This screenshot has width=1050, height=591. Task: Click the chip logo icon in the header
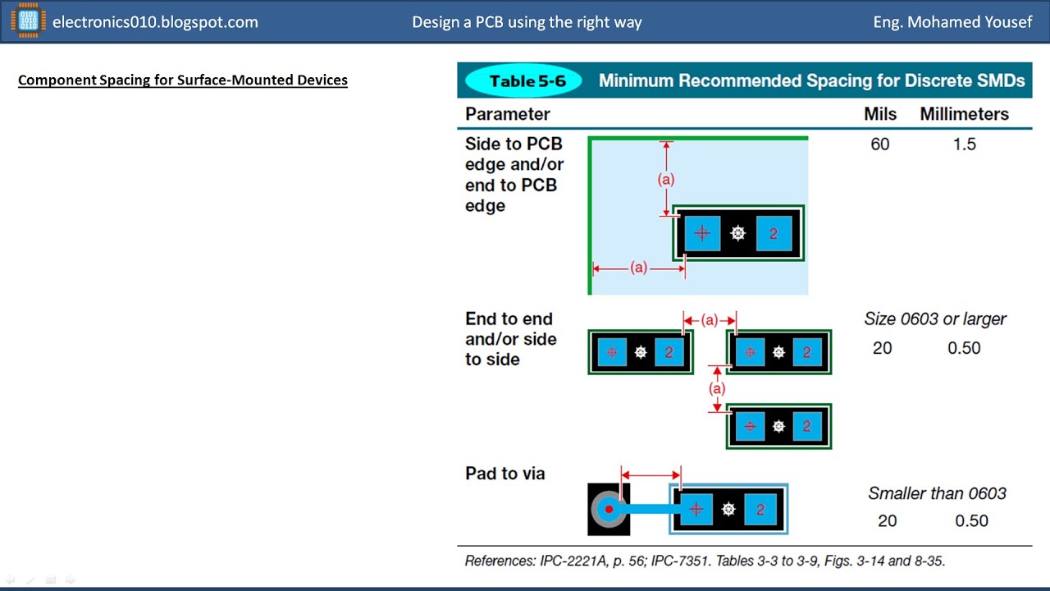click(28, 22)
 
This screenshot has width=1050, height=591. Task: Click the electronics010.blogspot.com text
click(155, 22)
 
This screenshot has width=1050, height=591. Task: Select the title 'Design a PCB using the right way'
click(527, 22)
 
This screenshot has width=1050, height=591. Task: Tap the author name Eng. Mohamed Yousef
click(952, 22)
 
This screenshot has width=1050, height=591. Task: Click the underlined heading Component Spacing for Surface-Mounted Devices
click(183, 80)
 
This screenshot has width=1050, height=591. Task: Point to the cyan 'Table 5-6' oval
click(523, 81)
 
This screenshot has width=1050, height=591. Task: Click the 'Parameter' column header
click(507, 114)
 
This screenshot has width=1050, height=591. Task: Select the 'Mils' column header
click(880, 114)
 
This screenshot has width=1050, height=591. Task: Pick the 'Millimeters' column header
click(964, 114)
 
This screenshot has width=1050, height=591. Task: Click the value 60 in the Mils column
click(880, 144)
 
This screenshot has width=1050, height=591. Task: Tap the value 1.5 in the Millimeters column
click(964, 144)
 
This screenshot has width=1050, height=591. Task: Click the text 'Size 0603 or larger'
click(935, 319)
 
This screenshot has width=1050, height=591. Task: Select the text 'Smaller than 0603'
click(937, 493)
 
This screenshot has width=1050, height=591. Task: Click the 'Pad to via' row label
click(504, 474)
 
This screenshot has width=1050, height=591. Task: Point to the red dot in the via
click(609, 510)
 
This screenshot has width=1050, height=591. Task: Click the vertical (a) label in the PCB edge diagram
click(666, 179)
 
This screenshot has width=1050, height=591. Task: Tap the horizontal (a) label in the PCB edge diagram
click(638, 268)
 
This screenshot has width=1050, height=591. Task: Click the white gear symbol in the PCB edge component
click(737, 234)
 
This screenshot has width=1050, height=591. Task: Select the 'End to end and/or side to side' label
click(510, 339)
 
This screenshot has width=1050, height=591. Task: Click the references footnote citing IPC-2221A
click(705, 561)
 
